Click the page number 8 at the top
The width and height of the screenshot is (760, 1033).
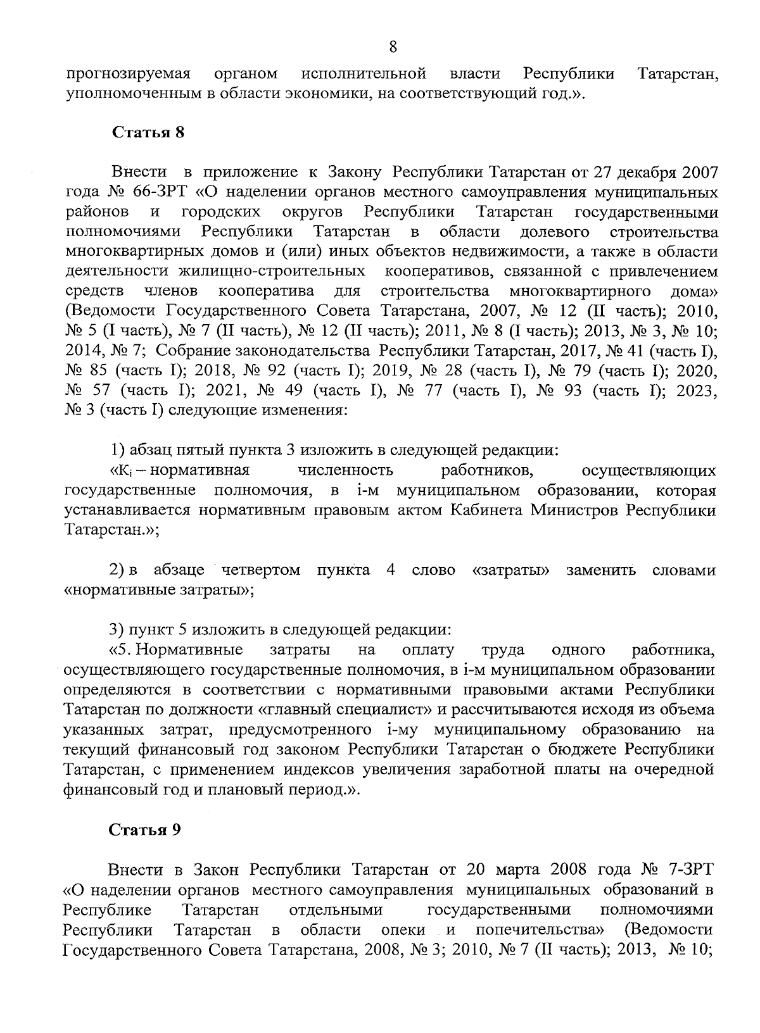pyautogui.click(x=393, y=47)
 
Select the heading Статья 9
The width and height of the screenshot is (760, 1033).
pyautogui.click(x=144, y=830)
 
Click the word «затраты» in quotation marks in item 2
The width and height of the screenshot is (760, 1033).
pyautogui.click(x=510, y=570)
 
